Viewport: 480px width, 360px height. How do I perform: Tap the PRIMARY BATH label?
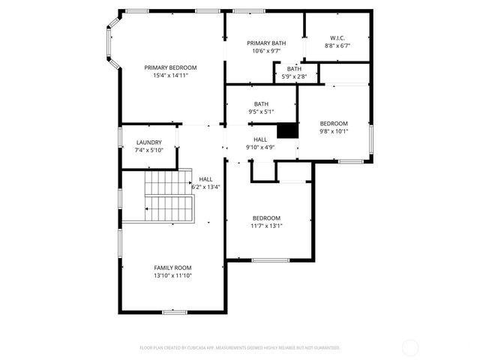[266, 43]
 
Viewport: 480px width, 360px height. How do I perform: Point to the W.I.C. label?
[337, 38]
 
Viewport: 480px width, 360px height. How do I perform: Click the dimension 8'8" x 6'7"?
[337, 46]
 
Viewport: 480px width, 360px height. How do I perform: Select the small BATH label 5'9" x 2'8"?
[294, 69]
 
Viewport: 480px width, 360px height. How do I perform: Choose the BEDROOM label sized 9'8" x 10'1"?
[334, 123]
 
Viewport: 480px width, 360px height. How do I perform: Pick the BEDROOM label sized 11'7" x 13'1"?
[266, 217]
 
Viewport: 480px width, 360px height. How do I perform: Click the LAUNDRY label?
[148, 142]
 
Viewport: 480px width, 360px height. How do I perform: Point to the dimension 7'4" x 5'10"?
[148, 150]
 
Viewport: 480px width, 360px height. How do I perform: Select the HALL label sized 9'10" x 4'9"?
[260, 139]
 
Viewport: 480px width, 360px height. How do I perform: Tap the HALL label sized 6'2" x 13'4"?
[205, 179]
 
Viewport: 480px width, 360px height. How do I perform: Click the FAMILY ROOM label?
[172, 268]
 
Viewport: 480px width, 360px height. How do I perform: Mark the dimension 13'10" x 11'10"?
[172, 276]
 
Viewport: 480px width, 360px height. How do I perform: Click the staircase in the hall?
[169, 196]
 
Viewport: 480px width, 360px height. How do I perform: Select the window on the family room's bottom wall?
[175, 310]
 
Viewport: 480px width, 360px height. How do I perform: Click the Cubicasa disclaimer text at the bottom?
[240, 347]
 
